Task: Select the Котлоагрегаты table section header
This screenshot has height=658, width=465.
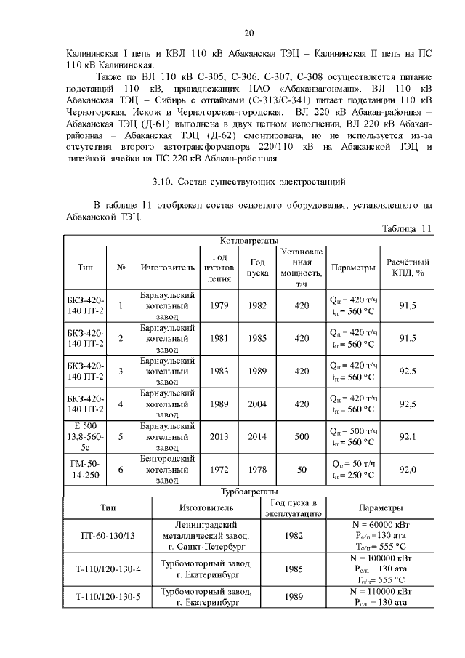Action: [x=248, y=240]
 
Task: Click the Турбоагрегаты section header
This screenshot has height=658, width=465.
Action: [x=248, y=492]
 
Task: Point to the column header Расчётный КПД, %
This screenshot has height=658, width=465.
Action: [x=408, y=268]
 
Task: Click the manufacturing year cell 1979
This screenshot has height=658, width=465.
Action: [x=219, y=306]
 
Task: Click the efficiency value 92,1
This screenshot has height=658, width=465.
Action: [x=408, y=436]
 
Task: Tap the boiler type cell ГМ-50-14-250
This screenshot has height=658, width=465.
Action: [x=85, y=470]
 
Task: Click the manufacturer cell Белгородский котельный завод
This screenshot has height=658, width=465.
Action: [x=167, y=470]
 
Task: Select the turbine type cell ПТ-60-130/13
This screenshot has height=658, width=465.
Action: [x=108, y=536]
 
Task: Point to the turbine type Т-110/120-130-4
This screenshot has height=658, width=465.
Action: [x=108, y=569]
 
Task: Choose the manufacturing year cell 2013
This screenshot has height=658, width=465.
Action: [x=219, y=436]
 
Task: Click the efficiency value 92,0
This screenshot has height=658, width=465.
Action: [x=408, y=470]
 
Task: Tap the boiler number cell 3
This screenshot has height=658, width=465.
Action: [x=121, y=371]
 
